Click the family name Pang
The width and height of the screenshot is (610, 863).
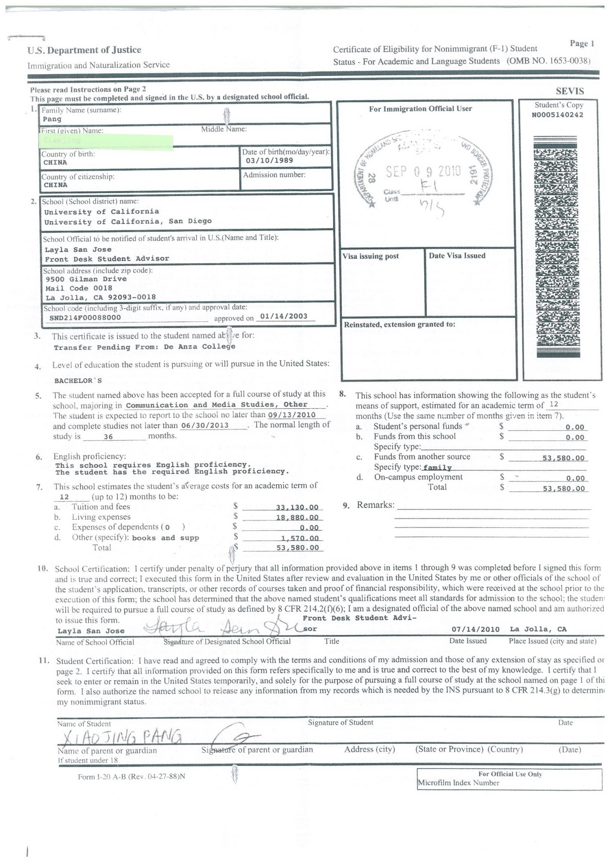[x=52, y=119]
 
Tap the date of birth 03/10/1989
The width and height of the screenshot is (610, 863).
[x=269, y=161]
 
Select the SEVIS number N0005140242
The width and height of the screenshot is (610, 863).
[x=558, y=115]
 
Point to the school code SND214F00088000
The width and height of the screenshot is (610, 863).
[x=85, y=317]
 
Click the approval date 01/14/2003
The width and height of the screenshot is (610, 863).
[x=284, y=316]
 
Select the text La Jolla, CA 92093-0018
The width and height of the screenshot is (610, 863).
[x=100, y=297]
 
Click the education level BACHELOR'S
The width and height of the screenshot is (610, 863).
[x=78, y=381]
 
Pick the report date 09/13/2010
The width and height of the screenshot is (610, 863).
[x=292, y=415]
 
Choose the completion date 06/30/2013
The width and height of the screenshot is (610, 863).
[x=205, y=425]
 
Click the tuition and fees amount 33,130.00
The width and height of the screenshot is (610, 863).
[x=297, y=507]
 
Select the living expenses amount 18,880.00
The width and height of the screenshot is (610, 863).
[x=297, y=518]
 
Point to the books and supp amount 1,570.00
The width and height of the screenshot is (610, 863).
[x=300, y=538]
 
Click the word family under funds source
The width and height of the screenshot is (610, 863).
[x=437, y=468]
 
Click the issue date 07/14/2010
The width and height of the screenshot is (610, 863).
[x=475, y=629]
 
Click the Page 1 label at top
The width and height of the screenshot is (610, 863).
[x=582, y=43]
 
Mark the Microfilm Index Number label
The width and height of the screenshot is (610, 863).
[x=458, y=783]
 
